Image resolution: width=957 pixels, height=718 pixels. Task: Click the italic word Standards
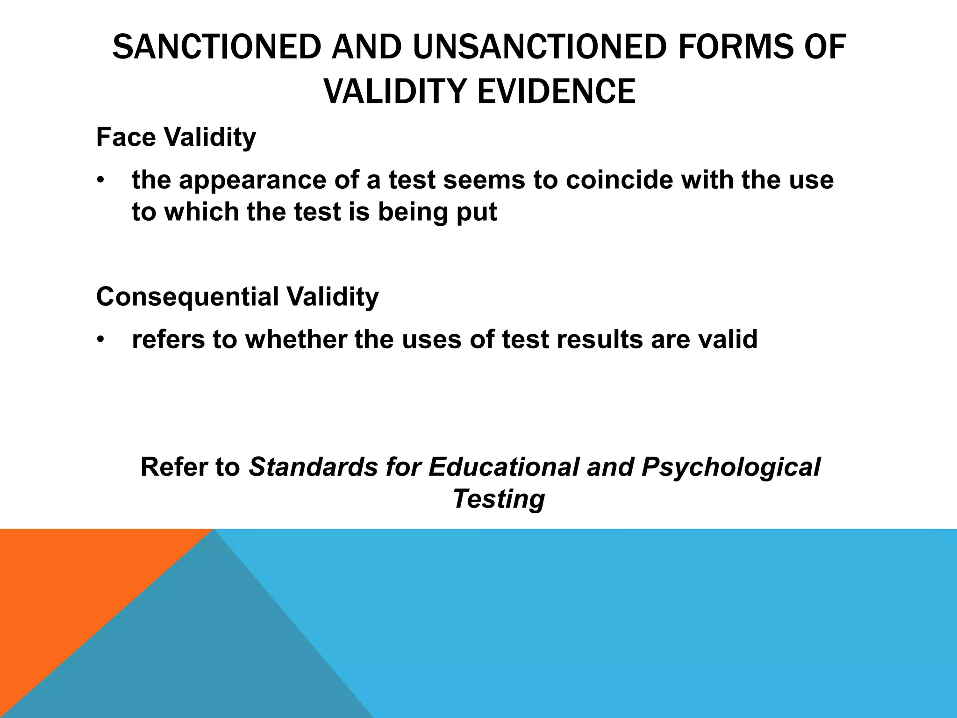click(313, 467)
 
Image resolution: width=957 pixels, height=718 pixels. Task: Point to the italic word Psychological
click(731, 467)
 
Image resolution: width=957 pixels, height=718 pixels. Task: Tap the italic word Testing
click(499, 499)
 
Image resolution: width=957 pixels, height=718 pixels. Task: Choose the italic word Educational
click(504, 467)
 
